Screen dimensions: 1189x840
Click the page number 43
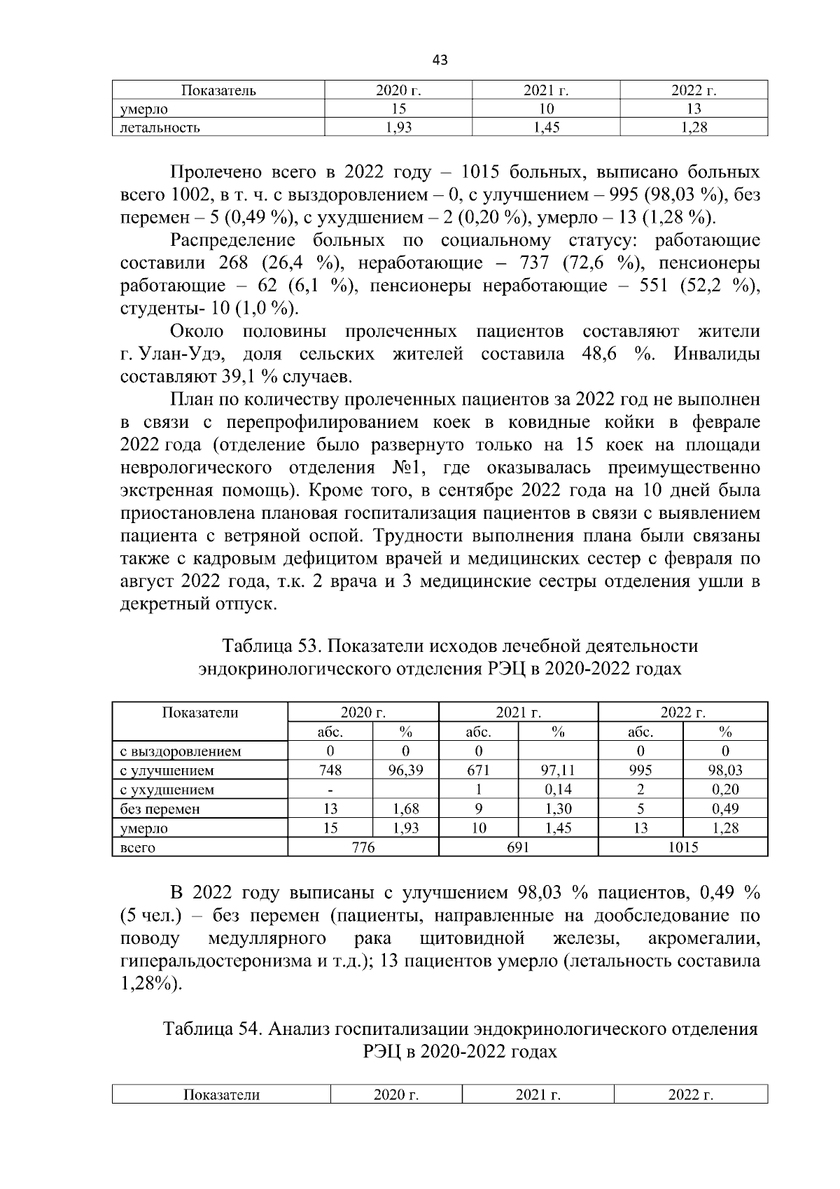440,60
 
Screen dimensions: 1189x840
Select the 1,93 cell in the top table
398,127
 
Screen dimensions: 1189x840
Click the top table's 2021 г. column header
546,90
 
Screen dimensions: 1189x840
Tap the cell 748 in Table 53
330,770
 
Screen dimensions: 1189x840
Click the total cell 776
363,847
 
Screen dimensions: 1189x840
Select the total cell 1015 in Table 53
682,847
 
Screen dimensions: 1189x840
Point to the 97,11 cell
558,770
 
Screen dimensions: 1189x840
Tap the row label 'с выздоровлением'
181,751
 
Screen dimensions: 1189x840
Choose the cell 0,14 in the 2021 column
558,790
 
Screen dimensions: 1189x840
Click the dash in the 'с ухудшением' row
330,790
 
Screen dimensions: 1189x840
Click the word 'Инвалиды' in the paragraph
716,354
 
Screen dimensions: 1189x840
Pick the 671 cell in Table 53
478,770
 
